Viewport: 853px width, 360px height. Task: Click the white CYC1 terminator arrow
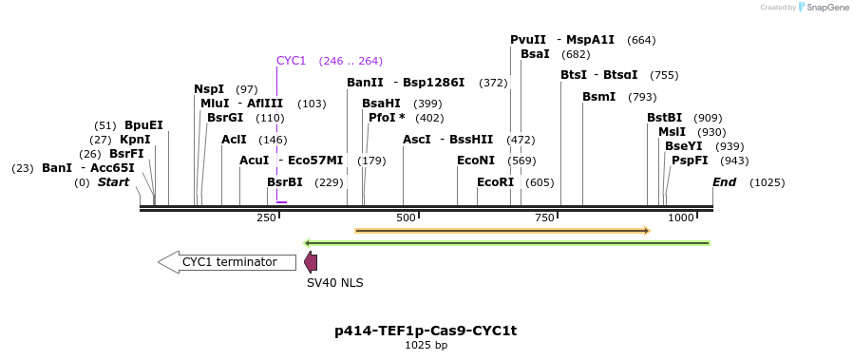tap(227, 262)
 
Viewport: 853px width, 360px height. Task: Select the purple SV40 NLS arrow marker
tap(311, 263)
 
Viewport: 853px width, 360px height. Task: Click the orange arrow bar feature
tap(502, 230)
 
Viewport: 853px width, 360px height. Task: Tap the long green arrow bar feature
tap(506, 243)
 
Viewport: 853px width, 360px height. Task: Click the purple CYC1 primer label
tap(291, 61)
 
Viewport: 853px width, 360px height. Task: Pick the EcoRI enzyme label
tap(495, 182)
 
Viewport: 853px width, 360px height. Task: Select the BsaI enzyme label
tap(535, 54)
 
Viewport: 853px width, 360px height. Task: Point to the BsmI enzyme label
tap(599, 97)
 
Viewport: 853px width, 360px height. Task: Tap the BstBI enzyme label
tap(664, 118)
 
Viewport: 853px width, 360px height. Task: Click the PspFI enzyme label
tap(690, 161)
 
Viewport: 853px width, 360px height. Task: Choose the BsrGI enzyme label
tap(225, 118)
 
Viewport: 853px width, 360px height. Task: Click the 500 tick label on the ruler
tap(407, 218)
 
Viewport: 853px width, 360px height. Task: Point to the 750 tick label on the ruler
tap(544, 218)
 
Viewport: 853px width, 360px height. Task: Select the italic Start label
tap(113, 182)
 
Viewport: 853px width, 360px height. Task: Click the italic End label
tap(724, 182)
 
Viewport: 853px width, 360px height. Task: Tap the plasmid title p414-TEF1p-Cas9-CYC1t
tap(426, 331)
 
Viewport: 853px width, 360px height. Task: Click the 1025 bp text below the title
tap(426, 346)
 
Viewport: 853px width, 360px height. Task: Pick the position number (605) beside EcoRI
tap(539, 182)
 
